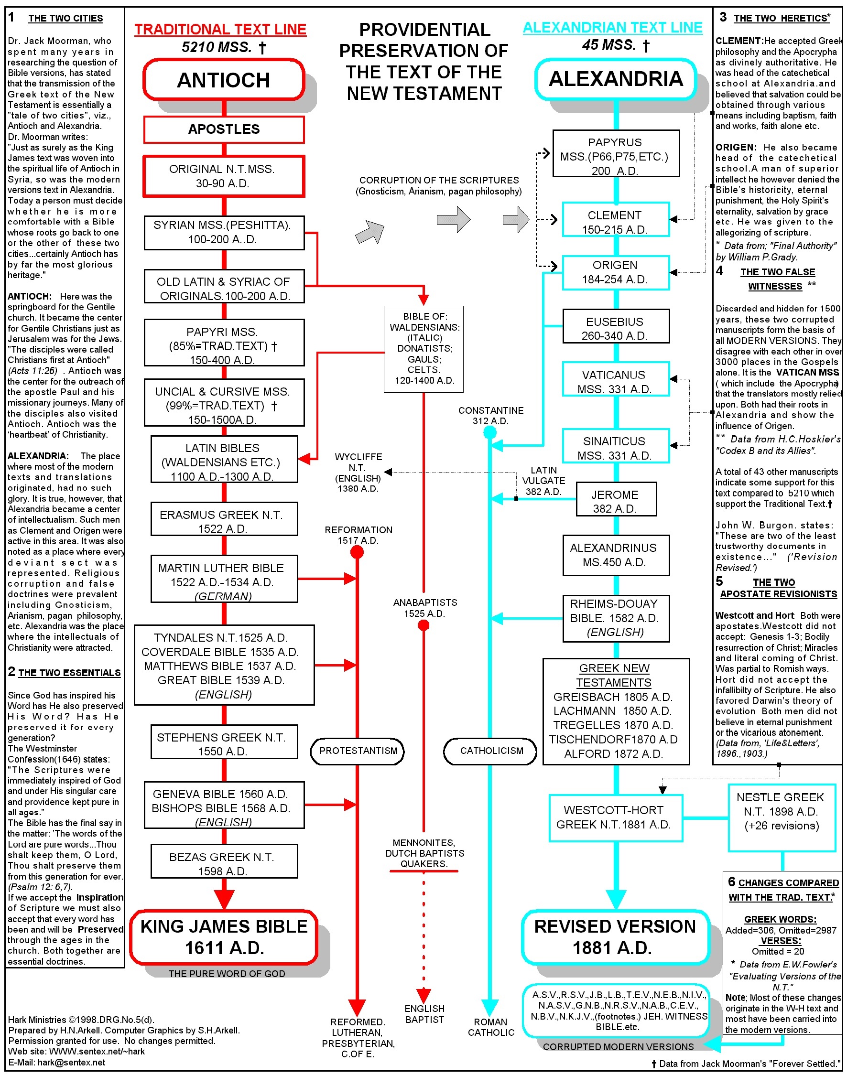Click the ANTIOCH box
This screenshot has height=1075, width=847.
[223, 80]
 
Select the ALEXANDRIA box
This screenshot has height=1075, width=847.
[616, 79]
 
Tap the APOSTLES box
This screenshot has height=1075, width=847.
[224, 129]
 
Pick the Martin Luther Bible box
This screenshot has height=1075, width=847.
[224, 579]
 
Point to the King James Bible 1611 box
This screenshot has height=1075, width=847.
[224, 937]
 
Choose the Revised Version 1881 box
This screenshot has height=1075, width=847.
[616, 937]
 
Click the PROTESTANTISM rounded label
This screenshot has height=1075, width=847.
[358, 751]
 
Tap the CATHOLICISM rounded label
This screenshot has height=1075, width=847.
[490, 751]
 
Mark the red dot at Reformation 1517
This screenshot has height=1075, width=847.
[357, 552]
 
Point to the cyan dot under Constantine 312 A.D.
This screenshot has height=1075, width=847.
[490, 433]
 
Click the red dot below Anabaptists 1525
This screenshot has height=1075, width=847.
[423, 625]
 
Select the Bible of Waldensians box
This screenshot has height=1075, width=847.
[423, 349]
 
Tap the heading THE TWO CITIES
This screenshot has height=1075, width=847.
[65, 18]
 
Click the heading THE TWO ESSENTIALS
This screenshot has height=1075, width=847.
[69, 673]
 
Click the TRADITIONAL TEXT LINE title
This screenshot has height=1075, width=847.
[220, 29]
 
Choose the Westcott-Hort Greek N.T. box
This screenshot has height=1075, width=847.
[616, 818]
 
